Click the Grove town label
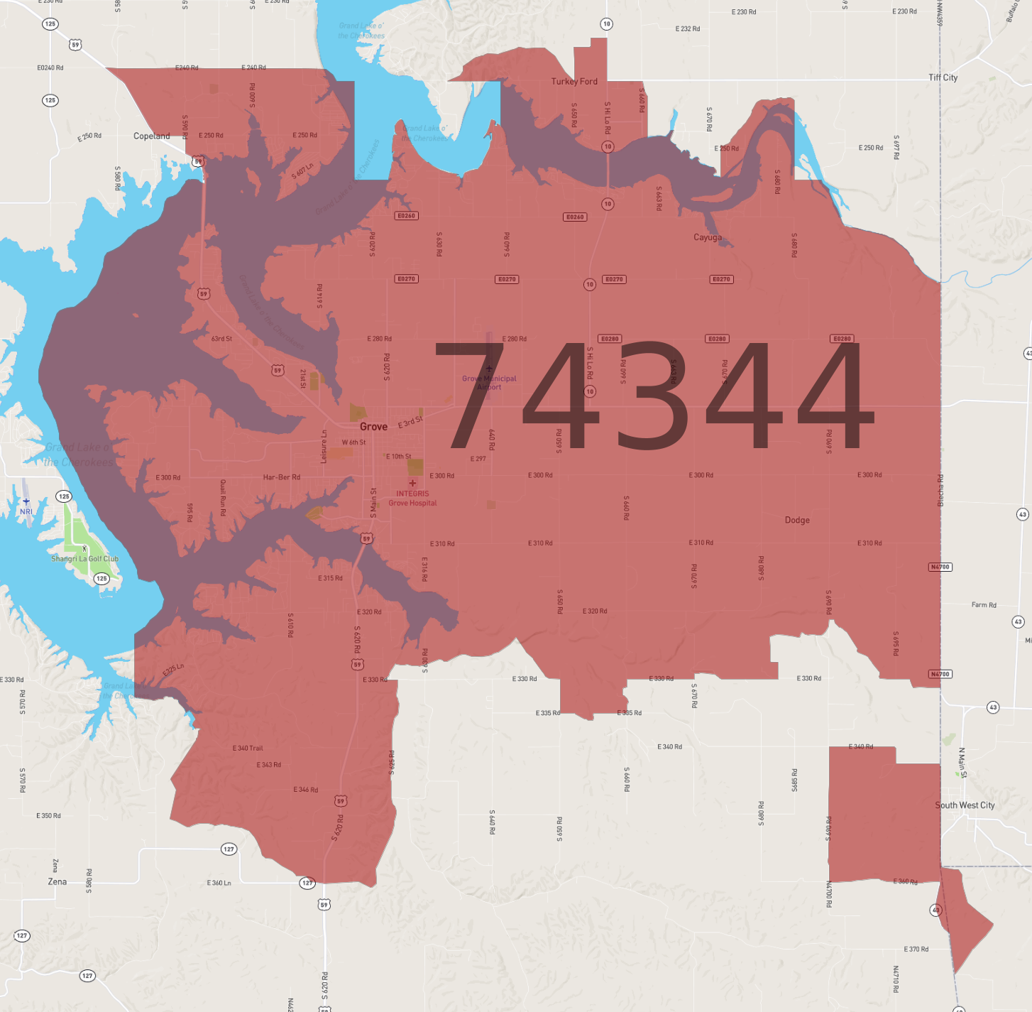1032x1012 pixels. pos(373,427)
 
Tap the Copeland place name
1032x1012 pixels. pos(152,136)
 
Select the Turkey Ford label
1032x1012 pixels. pos(574,82)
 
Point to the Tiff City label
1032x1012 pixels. pos(943,77)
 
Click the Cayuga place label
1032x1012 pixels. pos(708,237)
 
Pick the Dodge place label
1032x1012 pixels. pos(797,520)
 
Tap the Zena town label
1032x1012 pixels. pos(57,882)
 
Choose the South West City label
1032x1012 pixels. pos(965,805)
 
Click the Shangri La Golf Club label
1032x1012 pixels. pos(84,559)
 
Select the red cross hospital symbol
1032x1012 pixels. pos(412,483)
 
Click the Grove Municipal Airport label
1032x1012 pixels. pos(489,383)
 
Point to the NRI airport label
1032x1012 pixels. pos(26,511)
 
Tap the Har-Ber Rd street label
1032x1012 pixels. pos(281,477)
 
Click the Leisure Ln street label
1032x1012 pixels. pos(324,447)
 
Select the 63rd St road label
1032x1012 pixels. pos(221,339)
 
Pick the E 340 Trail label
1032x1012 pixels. pos(248,748)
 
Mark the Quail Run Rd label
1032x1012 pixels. pos(223,497)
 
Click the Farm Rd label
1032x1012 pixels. pos(984,605)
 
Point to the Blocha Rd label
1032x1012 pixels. pos(941,490)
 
